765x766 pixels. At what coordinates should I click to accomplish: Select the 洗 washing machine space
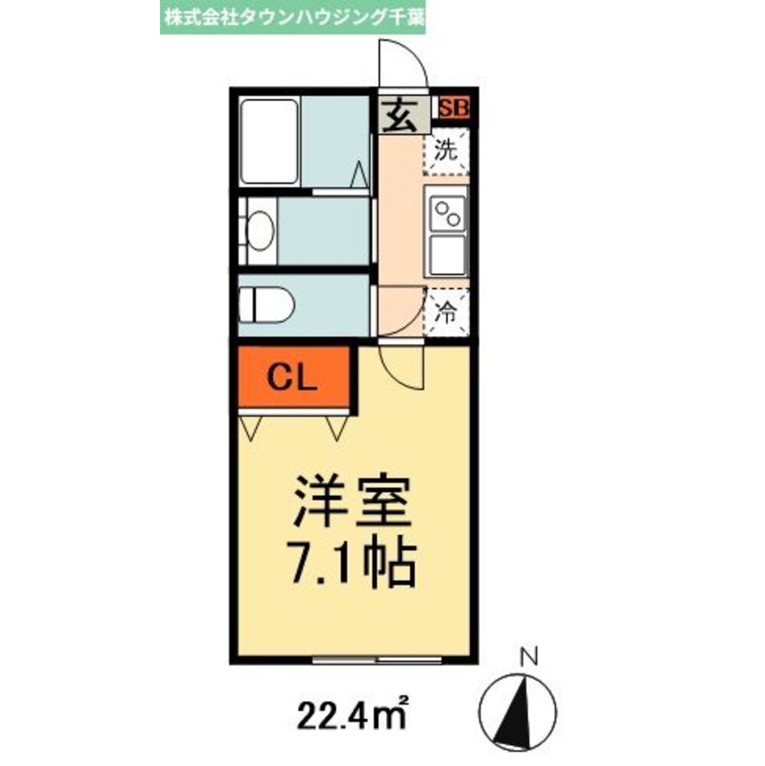click(x=446, y=151)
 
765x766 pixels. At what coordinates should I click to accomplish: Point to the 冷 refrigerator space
click(x=446, y=312)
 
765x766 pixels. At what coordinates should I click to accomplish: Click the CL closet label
click(x=294, y=378)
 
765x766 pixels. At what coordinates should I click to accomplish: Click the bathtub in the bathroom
click(x=269, y=141)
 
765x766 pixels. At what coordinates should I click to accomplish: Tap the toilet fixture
click(x=266, y=306)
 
